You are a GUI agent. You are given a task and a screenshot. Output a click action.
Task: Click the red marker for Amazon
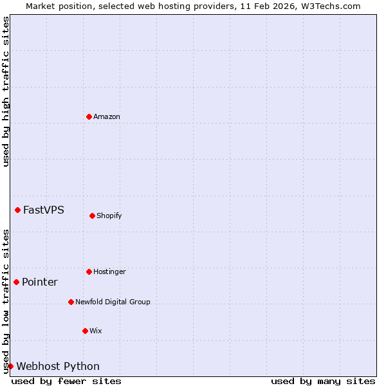[89, 116]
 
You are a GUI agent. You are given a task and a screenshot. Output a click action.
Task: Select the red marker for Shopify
[92, 216]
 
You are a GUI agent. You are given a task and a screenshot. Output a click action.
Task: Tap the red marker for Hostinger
[89, 271]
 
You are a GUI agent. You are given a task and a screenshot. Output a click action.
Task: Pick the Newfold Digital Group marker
[71, 302]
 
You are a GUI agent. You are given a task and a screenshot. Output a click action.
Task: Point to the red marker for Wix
[85, 331]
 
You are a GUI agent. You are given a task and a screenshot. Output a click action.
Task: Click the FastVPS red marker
[17, 210]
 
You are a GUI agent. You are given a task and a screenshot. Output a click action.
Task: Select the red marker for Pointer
[16, 282]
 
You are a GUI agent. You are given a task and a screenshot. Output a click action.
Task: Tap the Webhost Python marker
[10, 366]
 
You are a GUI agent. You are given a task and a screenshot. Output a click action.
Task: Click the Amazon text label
[107, 116]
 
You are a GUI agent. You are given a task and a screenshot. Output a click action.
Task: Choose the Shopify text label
[109, 216]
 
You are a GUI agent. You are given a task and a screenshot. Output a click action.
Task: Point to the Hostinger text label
[109, 271]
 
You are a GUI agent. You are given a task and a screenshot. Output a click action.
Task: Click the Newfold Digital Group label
[113, 302]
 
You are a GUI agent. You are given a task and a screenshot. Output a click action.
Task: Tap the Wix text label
[96, 331]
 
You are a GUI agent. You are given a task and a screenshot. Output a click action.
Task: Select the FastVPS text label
[44, 210]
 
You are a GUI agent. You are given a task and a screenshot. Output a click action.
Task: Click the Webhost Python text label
[58, 366]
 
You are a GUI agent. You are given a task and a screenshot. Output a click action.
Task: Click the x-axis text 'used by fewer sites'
[66, 381]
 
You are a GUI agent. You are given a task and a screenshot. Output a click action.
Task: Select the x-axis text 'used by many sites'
[323, 381]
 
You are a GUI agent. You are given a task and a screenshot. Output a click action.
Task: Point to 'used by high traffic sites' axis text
[6, 91]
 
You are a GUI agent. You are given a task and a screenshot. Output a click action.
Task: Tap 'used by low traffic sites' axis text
[6, 301]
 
